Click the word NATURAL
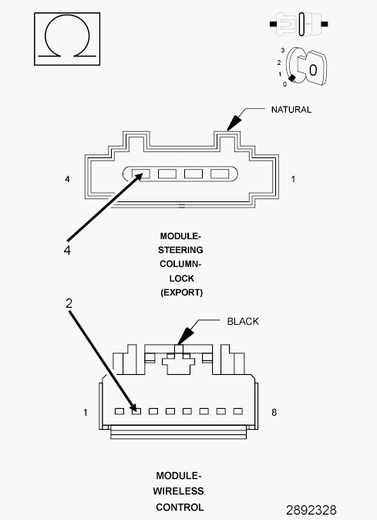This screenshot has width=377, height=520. pyautogui.click(x=291, y=110)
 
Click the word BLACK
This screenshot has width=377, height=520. pyautogui.click(x=242, y=321)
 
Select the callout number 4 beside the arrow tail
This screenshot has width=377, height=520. pyautogui.click(x=67, y=250)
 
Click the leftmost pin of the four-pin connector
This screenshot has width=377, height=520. pyautogui.click(x=140, y=174)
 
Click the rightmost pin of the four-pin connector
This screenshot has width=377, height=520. pyautogui.click(x=220, y=174)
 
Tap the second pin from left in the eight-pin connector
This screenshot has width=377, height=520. pyautogui.click(x=136, y=411)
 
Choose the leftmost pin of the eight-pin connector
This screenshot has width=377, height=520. pyautogui.click(x=119, y=411)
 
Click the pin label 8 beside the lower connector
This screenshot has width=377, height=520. pyautogui.click(x=274, y=413)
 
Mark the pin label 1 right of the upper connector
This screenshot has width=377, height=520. pyautogui.click(x=293, y=179)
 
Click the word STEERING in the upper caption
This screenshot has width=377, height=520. pyautogui.click(x=181, y=250)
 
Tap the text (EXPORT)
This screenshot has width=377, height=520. pyautogui.click(x=181, y=292)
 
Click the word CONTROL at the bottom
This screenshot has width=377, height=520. pyautogui.click(x=180, y=507)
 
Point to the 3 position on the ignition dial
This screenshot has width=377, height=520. pyautogui.click(x=284, y=49)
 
